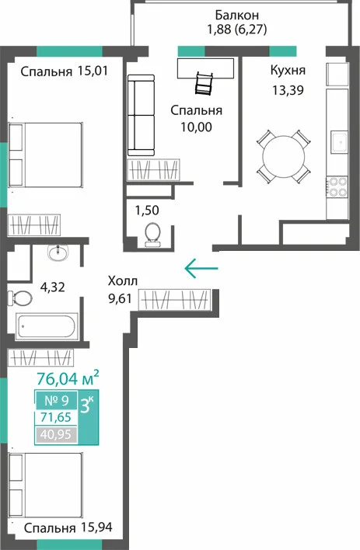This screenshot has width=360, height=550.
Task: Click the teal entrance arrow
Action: (201, 268)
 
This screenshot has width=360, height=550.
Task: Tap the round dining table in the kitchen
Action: (284, 156)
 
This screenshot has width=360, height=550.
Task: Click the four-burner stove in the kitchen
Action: (337, 186)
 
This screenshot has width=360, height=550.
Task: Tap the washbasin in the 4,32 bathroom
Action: (58, 252)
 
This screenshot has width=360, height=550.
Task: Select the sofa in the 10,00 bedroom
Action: (141, 115)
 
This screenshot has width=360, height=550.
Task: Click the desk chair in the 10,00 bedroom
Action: (204, 83)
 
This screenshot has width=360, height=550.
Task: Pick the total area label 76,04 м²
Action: (68, 378)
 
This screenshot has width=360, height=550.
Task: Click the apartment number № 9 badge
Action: (56, 400)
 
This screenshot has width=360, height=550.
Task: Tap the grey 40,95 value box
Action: (56, 434)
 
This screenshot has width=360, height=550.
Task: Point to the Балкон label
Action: (236, 15)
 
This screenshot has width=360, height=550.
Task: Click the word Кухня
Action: (288, 71)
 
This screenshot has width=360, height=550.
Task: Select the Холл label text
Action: (123, 281)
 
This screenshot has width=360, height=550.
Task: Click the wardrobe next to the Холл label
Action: (174, 300)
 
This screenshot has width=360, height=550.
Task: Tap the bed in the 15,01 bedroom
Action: (46, 155)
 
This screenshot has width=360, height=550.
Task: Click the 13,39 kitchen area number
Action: (288, 90)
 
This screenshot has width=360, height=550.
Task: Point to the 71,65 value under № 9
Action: (56, 417)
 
